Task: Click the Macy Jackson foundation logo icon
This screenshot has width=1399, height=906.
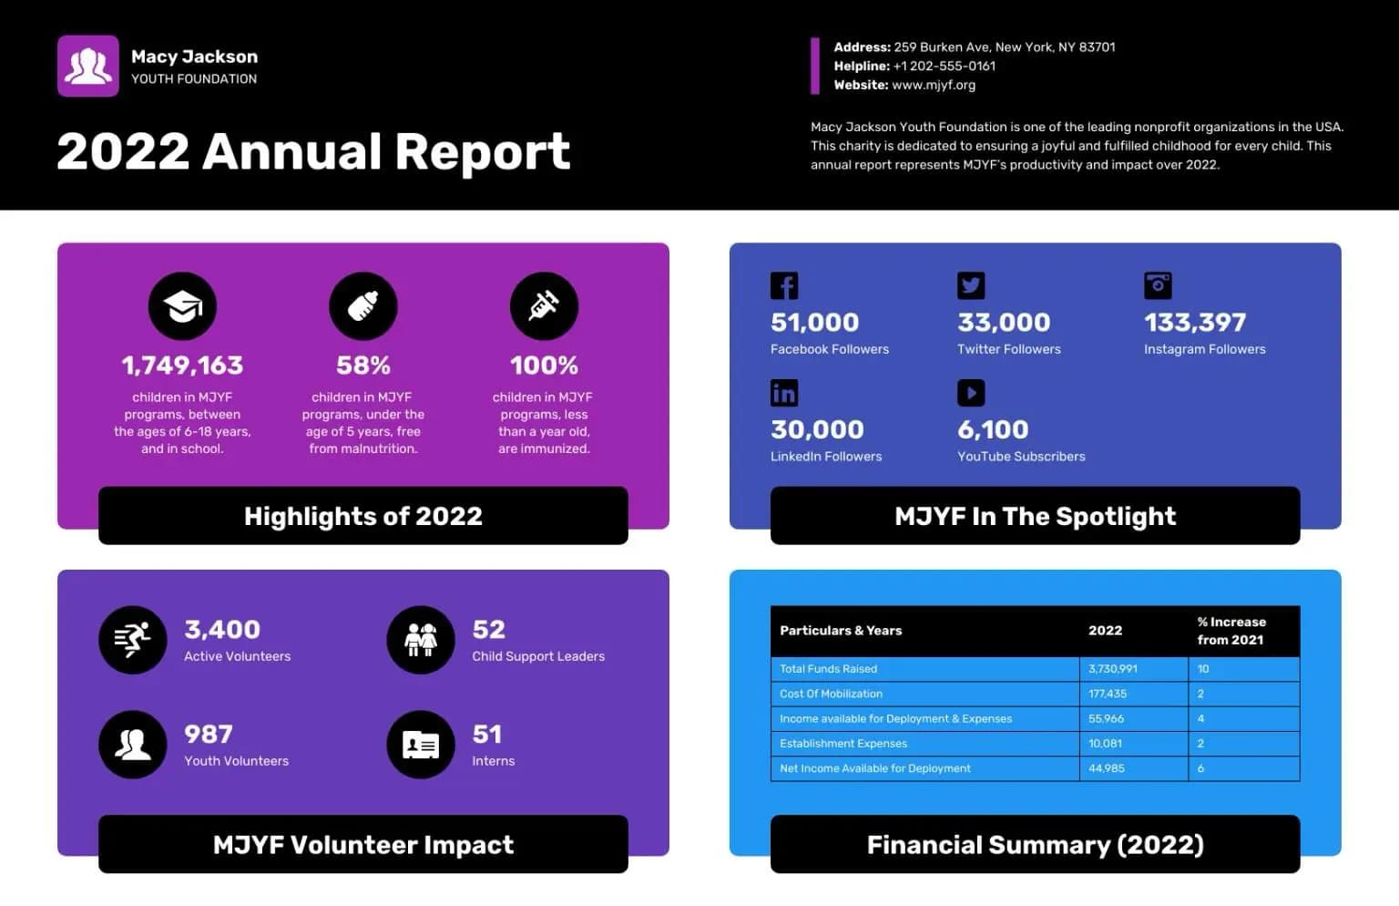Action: point(88,66)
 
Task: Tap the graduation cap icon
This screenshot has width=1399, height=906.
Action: point(182,306)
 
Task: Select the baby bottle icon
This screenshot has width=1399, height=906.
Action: point(363,306)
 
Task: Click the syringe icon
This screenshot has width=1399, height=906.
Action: point(544,306)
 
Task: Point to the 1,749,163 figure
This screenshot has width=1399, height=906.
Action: point(182,365)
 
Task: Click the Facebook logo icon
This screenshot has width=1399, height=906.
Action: point(784,285)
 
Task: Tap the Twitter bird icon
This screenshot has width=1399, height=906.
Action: point(971,285)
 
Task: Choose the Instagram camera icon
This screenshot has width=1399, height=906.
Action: point(1158,285)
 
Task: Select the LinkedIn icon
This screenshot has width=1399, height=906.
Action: point(784,393)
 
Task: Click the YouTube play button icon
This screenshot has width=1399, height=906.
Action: point(971,393)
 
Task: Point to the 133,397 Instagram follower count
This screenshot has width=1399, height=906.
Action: point(1195,323)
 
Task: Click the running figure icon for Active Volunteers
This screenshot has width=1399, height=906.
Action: point(132,640)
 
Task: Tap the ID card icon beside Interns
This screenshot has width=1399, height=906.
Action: point(421,744)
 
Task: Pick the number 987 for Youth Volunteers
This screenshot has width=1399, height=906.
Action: point(209,734)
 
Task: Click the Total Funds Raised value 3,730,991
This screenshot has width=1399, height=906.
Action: point(1113,669)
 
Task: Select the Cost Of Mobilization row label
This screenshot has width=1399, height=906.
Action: point(832,694)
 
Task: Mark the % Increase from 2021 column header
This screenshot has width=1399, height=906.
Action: point(1231,631)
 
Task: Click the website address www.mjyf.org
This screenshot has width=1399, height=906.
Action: point(934,85)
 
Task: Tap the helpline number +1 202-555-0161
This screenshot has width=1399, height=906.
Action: point(945,67)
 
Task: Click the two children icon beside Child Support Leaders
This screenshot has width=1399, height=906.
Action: point(421,640)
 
